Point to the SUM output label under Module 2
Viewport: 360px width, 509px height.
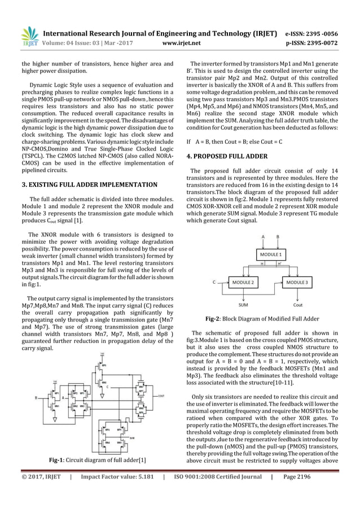click(243, 305)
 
